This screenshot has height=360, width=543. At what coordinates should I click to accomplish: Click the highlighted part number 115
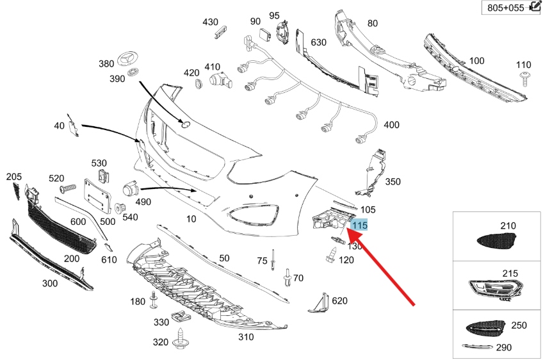[x=359, y=225]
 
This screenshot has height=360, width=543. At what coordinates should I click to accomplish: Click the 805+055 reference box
[x=510, y=8]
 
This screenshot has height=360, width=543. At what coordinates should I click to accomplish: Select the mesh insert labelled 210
[x=496, y=241]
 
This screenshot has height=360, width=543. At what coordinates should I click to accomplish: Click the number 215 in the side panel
[x=510, y=274]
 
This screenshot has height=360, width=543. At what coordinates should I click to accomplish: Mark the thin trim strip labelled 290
[x=478, y=347]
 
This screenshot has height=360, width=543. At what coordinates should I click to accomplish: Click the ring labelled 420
[x=199, y=83]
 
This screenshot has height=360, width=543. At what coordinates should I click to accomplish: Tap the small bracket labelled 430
[x=221, y=31]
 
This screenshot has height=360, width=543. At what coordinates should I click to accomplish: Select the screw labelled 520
[x=68, y=189]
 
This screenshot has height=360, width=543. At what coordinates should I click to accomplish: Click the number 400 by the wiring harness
[x=392, y=125]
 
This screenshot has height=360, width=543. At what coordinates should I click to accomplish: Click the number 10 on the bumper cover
[x=191, y=219]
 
